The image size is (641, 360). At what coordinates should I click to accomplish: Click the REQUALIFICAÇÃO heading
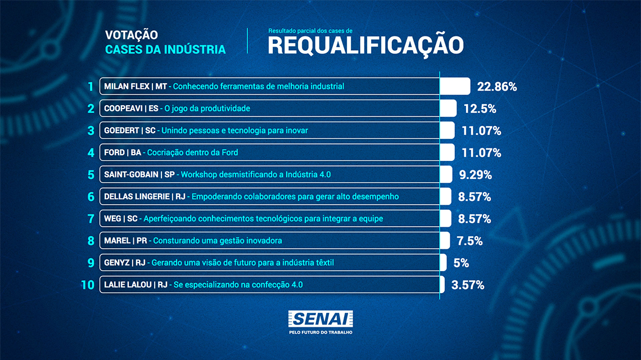pyautogui.click(x=365, y=45)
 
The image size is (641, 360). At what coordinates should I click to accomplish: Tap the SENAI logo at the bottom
pyautogui.click(x=320, y=318)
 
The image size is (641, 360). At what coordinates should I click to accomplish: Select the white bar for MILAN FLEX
pyautogui.click(x=455, y=86)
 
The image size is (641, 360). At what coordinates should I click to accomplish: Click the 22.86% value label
pyautogui.click(x=496, y=87)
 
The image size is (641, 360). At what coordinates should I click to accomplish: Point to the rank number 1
pyautogui.click(x=90, y=87)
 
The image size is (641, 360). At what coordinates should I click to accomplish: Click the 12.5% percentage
pyautogui.click(x=480, y=109)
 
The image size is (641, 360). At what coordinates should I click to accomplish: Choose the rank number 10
pyautogui.click(x=87, y=285)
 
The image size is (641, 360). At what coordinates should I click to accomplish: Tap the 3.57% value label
pyautogui.click(x=468, y=285)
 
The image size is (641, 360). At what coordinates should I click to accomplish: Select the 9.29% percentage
pyautogui.click(x=476, y=175)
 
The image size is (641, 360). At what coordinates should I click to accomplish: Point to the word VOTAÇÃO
pyautogui.click(x=131, y=35)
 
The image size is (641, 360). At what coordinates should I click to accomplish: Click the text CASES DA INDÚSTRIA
pyautogui.click(x=165, y=49)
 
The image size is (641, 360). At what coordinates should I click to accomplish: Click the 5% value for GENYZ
pyautogui.click(x=461, y=263)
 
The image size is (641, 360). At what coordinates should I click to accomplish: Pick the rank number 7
pyautogui.click(x=91, y=218)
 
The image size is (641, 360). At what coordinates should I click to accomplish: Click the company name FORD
pyautogui.click(x=115, y=152)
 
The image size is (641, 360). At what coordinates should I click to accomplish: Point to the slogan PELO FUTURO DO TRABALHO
pyautogui.click(x=320, y=332)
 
